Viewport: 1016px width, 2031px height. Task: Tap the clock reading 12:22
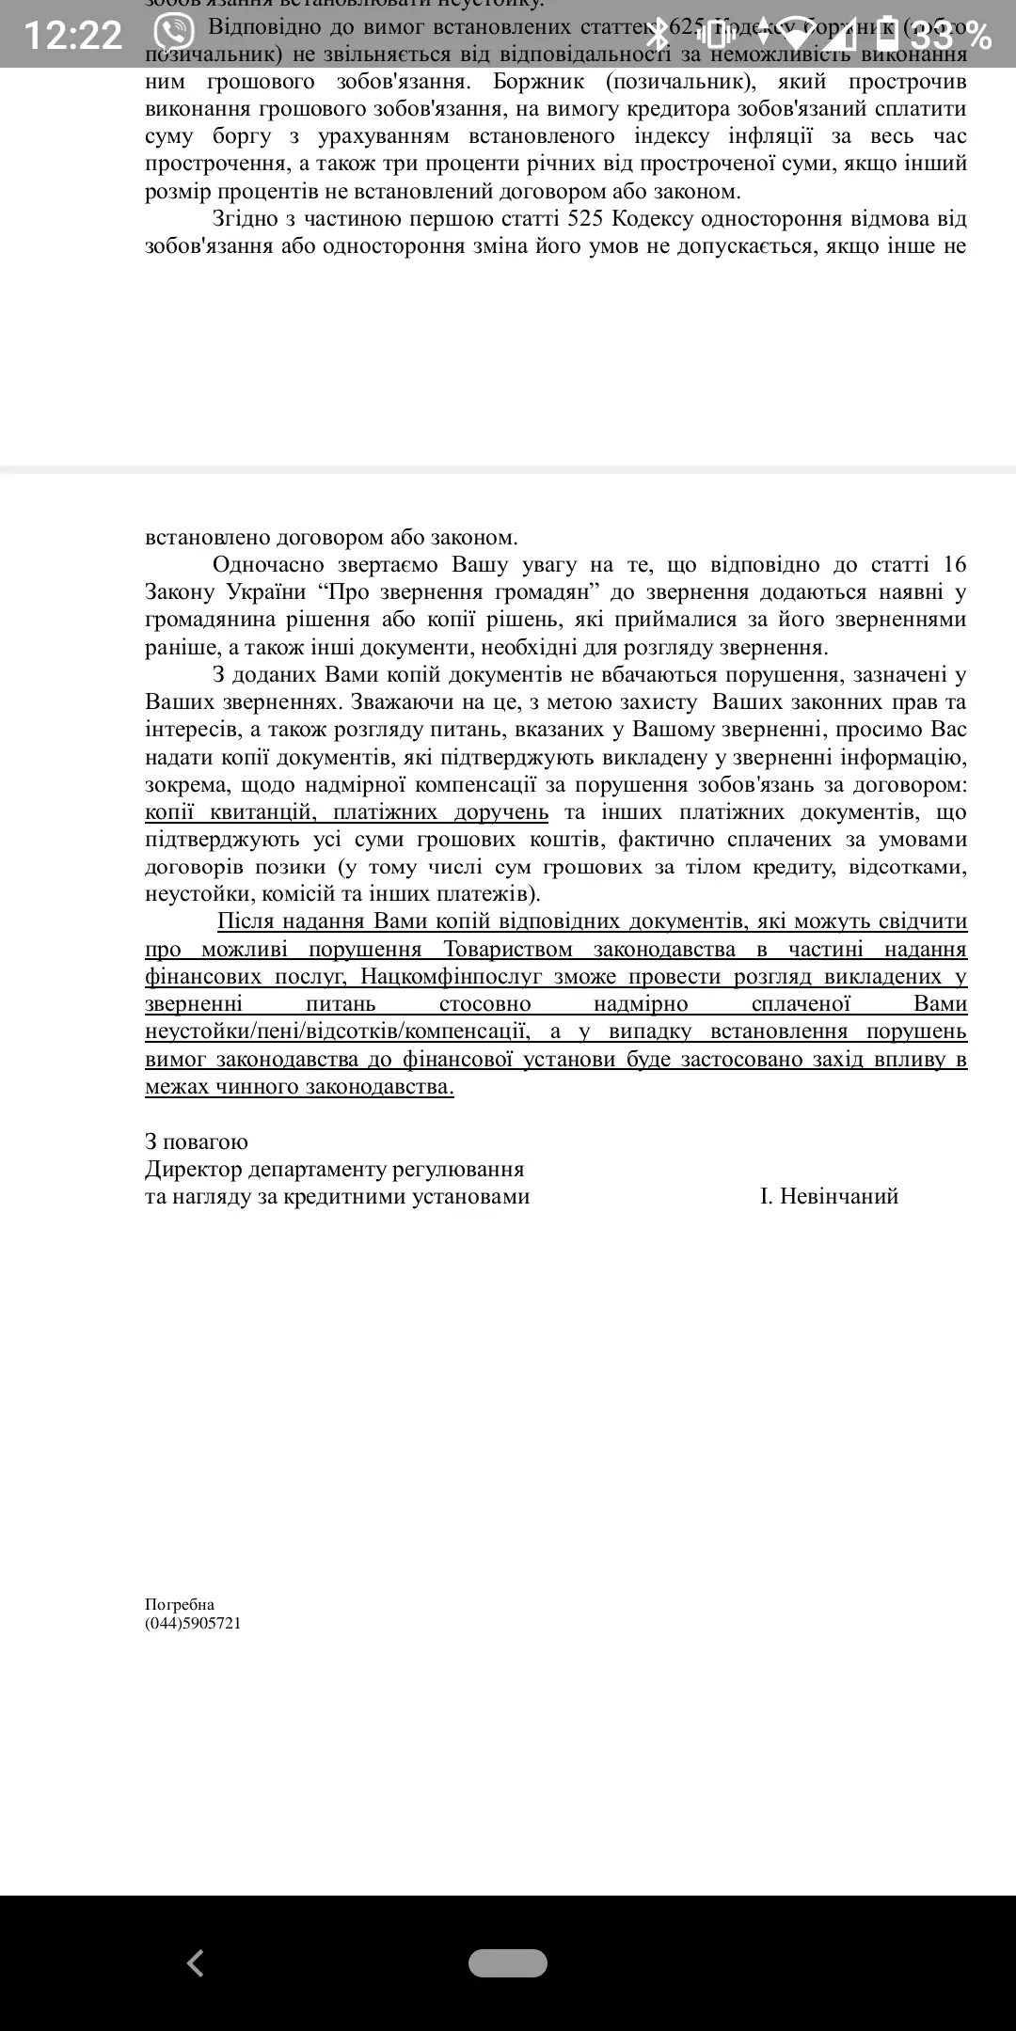click(x=73, y=36)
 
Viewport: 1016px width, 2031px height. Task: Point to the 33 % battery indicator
click(x=950, y=36)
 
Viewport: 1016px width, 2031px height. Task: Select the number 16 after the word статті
click(x=954, y=564)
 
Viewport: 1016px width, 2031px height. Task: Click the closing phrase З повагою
click(x=197, y=1141)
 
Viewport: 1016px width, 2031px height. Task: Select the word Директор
click(x=192, y=1169)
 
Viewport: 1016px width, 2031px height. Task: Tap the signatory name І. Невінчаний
click(x=829, y=1196)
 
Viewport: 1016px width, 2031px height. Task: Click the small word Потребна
click(x=180, y=1605)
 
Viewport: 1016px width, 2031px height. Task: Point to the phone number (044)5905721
click(x=193, y=1624)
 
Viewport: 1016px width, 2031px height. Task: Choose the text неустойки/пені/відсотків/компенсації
click(x=335, y=1031)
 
